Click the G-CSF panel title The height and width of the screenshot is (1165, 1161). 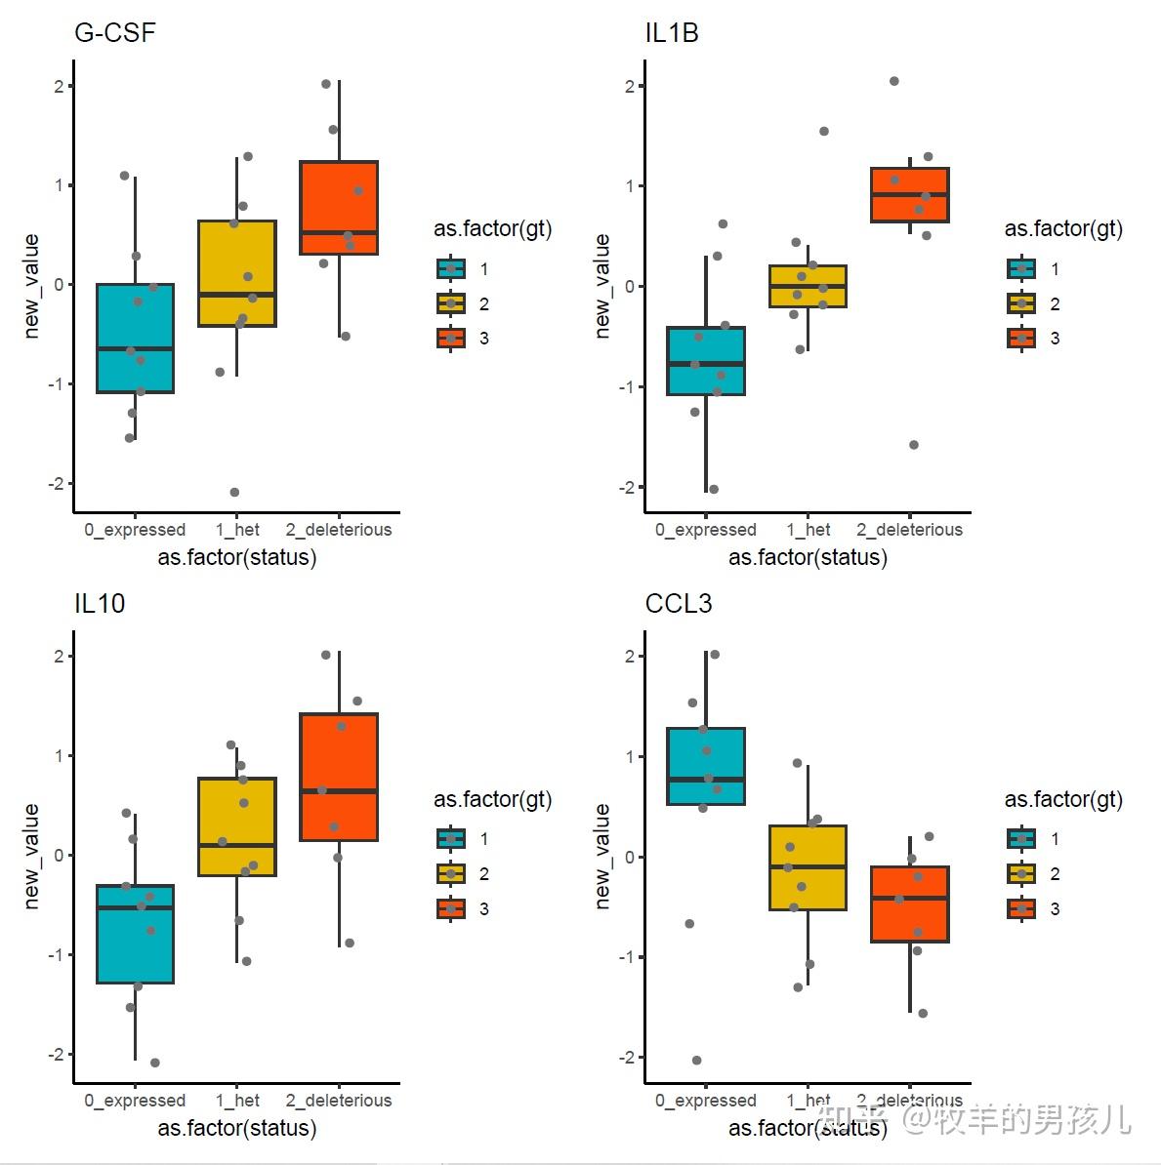point(114,33)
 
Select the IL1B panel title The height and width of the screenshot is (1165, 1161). point(672,33)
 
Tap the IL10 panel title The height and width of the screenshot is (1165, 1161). point(100,604)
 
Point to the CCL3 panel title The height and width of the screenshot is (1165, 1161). point(679,604)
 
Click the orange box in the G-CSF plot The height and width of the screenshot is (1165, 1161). point(339,207)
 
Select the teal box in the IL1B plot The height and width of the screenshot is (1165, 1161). point(706,361)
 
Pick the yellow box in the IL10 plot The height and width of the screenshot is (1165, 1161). point(237,826)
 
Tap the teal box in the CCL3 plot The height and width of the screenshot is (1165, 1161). point(706,766)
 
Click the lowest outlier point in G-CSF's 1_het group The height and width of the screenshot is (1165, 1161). point(234,492)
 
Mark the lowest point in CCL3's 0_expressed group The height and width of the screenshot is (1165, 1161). point(697,1061)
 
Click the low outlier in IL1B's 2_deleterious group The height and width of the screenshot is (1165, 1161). point(914,445)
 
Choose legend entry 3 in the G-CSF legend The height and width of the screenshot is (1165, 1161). point(451,339)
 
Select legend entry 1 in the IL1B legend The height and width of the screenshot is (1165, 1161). point(1022,269)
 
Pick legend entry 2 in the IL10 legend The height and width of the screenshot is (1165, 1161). point(451,874)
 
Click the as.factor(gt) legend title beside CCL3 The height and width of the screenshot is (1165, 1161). point(1063,800)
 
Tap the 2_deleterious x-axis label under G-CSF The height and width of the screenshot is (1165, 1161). point(339,530)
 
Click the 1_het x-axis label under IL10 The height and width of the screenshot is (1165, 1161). point(237,1101)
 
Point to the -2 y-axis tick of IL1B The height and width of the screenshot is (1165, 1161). point(628,487)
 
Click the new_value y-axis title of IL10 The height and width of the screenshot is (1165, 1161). point(31,856)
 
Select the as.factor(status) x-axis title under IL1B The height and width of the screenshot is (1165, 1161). point(808,558)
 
